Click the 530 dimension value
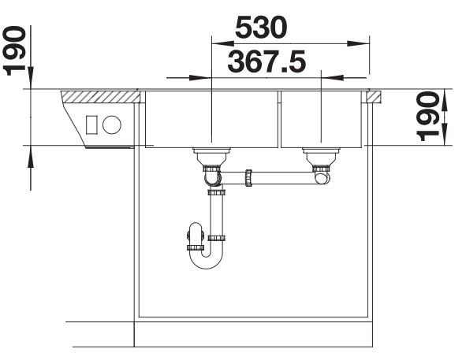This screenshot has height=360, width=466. point(261,28)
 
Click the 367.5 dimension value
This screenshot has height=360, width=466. point(267,61)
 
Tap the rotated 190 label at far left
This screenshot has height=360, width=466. point(13,50)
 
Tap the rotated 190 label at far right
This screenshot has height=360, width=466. point(428,116)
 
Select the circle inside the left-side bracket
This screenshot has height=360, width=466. point(112,124)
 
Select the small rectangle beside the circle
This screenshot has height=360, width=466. point(91,124)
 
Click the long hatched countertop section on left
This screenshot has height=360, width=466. point(100,97)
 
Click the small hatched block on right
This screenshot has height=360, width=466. point(374,97)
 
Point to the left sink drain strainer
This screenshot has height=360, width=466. point(211,157)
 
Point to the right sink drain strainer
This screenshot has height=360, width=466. point(321,157)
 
